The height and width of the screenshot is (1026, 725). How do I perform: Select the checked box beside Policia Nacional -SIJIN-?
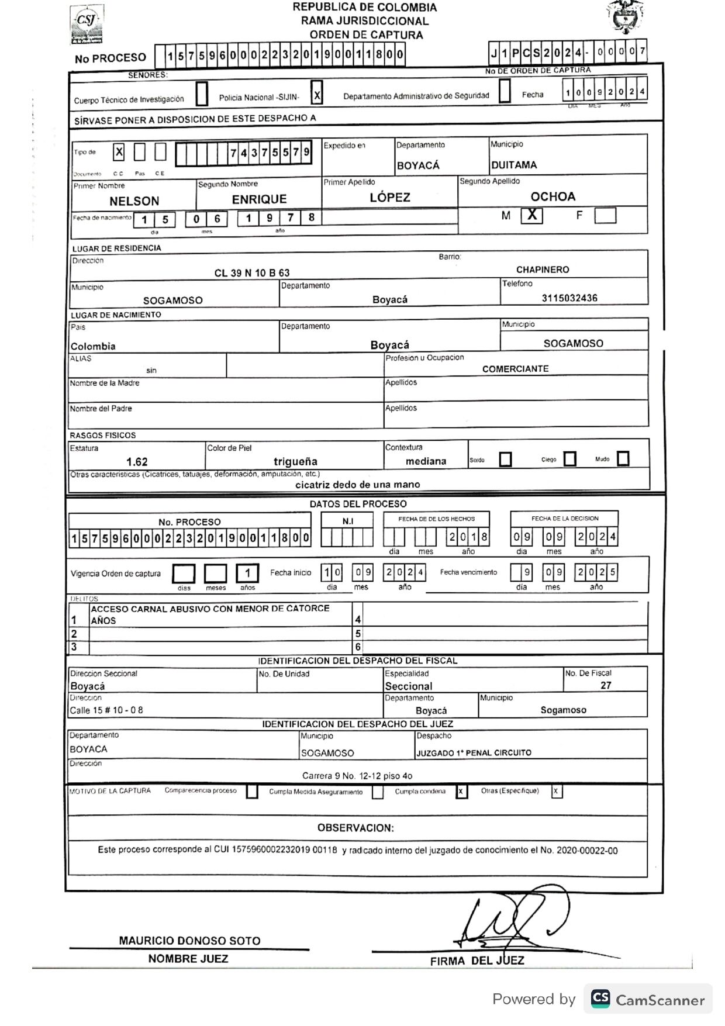click(x=317, y=94)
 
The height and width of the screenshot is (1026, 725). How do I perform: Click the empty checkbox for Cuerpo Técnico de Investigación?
click(x=202, y=94)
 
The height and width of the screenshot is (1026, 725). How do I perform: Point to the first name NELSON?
click(x=134, y=201)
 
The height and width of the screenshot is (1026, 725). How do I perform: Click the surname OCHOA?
click(x=553, y=197)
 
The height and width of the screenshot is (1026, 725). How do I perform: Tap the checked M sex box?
click(x=531, y=215)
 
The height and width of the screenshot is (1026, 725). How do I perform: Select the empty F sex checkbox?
click(x=605, y=216)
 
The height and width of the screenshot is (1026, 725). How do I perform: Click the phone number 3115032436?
click(x=569, y=298)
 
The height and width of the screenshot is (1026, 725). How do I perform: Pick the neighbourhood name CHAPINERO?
click(x=543, y=270)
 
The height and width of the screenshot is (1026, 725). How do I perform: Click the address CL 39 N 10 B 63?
click(x=252, y=273)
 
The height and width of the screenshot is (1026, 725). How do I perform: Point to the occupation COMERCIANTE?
click(x=515, y=369)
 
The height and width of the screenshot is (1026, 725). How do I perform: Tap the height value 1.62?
click(x=137, y=462)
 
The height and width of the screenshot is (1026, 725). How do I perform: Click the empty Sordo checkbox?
click(x=506, y=460)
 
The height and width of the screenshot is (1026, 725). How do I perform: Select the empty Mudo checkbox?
click(x=623, y=459)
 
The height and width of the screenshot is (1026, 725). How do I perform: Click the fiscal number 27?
click(x=606, y=685)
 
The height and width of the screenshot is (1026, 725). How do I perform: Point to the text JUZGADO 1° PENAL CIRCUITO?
click(x=474, y=753)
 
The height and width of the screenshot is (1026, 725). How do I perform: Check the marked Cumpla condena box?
click(x=461, y=792)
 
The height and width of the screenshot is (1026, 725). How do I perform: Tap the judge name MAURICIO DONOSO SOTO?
click(x=189, y=941)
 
